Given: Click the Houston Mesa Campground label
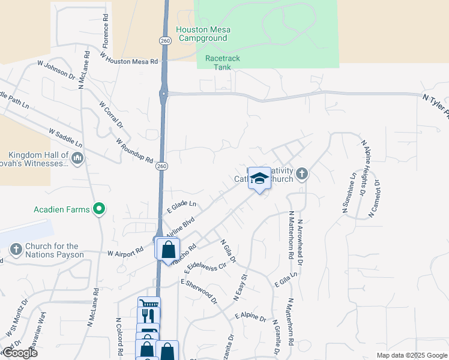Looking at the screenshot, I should point(202,34).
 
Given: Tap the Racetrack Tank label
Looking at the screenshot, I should point(217,62).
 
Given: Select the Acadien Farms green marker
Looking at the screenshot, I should point(99,209).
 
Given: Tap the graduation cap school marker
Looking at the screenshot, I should point(259,178).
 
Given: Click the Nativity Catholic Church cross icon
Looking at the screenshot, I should point(301,174).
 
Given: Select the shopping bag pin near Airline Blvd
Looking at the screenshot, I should point(168,250).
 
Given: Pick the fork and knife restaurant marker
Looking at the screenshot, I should point(149,315).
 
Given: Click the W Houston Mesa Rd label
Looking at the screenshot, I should point(129,58).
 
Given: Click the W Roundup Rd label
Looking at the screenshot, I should point(134,150).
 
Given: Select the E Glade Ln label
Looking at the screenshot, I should point(181,207).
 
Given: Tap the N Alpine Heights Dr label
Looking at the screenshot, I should point(363,169).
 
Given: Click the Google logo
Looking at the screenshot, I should point(19,353).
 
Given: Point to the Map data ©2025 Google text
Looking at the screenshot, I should point(411,355).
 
